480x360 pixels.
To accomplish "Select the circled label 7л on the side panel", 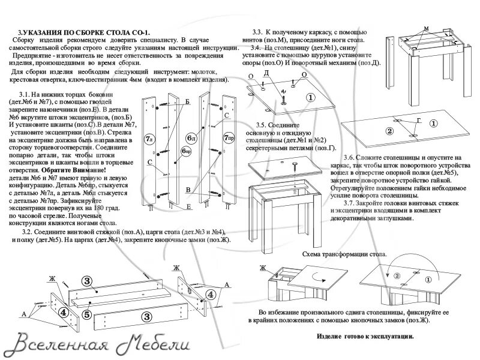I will tap(148, 139).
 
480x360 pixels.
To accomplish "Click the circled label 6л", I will tap(191, 137).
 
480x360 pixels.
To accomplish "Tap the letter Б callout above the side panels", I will tap(187, 103).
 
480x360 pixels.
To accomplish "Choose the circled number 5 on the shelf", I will tap(86, 313).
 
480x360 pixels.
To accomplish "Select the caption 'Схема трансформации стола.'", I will tap(345, 254).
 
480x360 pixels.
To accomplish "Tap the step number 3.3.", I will tap(259, 32).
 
